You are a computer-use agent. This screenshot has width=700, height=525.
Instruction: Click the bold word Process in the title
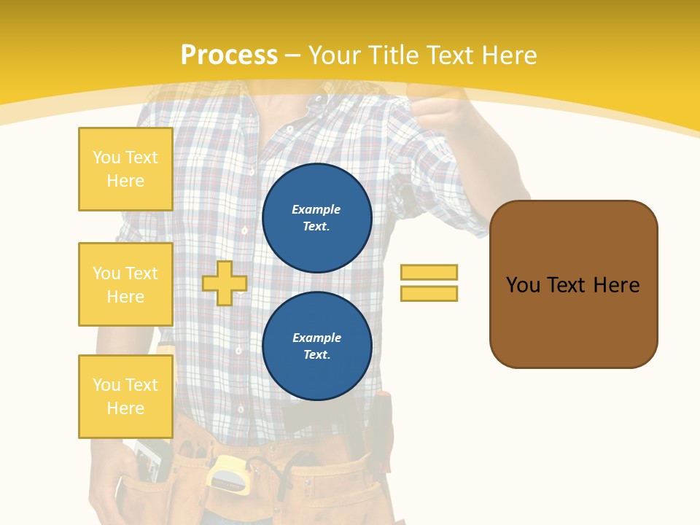pos(229,55)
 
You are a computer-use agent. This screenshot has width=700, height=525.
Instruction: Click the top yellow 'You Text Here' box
pos(125,169)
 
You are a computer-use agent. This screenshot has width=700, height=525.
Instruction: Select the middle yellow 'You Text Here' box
pos(125,284)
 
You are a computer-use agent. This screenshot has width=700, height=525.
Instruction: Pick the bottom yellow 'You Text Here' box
pos(125,397)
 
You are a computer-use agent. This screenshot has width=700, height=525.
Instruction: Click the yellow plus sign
pos(224,283)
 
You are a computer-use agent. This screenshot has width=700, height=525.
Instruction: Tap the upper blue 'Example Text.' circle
pos(316,218)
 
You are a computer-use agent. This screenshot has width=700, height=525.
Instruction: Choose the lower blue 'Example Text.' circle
pos(316,346)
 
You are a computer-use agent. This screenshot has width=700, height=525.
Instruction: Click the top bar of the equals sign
pos(429,272)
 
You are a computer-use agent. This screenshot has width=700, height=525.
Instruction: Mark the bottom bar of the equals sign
pos(429,294)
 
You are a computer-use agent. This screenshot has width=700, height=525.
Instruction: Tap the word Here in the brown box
pos(616,284)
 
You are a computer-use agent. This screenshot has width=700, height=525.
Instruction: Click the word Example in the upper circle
pos(316,209)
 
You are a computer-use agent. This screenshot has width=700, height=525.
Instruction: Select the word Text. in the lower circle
pos(316,355)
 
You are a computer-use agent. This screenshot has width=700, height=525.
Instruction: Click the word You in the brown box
pos(524,284)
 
